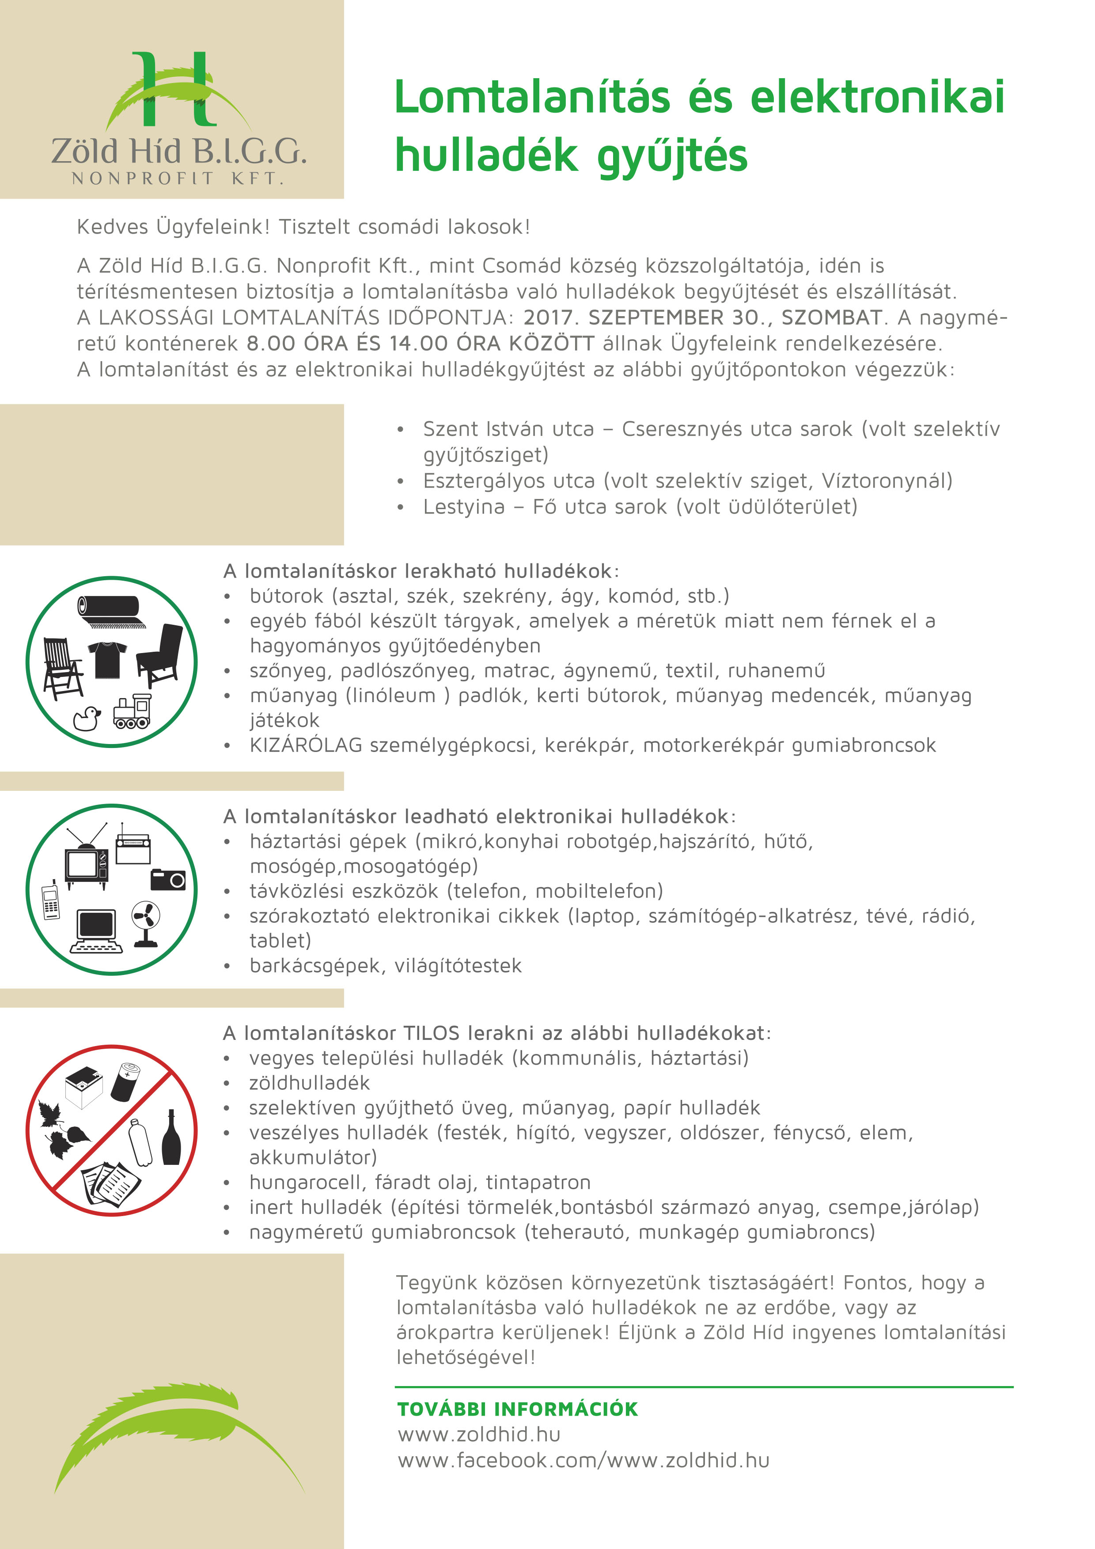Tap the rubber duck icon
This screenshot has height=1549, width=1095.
(x=87, y=719)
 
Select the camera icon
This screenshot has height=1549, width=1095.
(x=167, y=880)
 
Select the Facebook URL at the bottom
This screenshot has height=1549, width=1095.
(x=583, y=1461)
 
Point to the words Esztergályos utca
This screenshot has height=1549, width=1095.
(x=509, y=481)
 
